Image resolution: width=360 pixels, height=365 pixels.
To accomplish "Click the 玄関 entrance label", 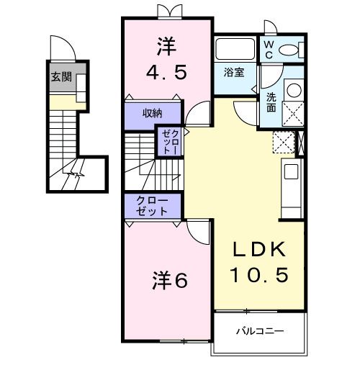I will pyautogui.click(x=60, y=77).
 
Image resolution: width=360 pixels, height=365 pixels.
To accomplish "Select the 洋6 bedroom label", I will pyautogui.click(x=170, y=280).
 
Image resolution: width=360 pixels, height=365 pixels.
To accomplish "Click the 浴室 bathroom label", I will pyautogui.click(x=233, y=72).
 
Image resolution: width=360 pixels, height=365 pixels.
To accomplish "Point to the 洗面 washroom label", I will pyautogui.click(x=271, y=101).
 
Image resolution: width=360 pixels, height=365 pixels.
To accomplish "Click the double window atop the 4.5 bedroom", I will pyautogui.click(x=167, y=11).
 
